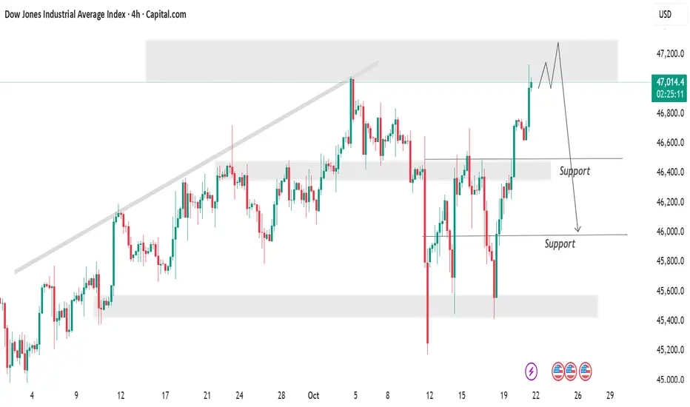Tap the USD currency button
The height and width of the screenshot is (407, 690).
coord(666,15)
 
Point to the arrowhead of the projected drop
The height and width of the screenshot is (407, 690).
coord(578,229)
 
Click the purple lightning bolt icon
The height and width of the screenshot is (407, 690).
coord(532,369)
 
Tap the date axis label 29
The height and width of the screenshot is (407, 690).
coord(609,395)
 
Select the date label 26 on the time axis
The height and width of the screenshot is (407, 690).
coord(578,395)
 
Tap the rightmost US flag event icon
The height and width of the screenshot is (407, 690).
coord(586,369)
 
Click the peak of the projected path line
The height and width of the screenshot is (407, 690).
coord(557,43)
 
